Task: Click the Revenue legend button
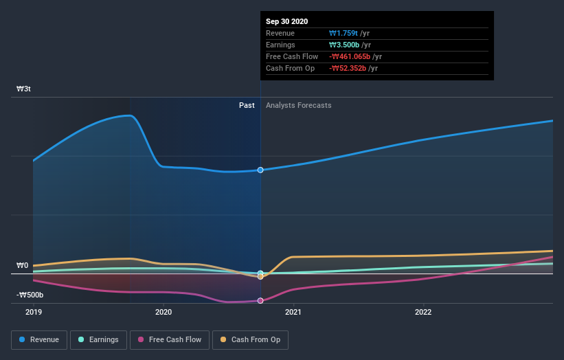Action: coord(39,339)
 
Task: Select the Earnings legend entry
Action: coord(98,339)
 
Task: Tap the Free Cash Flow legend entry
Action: coord(170,339)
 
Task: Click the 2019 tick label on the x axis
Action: coord(34,311)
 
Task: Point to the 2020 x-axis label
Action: coord(163,311)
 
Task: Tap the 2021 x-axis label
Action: coord(293,311)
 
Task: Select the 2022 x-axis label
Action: coord(423,311)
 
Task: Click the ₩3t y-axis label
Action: coord(24,89)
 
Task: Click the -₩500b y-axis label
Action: coord(30,295)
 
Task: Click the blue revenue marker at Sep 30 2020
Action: coord(260,170)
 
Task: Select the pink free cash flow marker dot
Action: coord(260,301)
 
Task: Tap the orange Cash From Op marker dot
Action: coord(260,277)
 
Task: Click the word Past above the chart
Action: coord(247,106)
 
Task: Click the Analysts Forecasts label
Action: coord(298,106)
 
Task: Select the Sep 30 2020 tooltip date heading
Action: coord(288,21)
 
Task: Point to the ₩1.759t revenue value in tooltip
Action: coord(349,34)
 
